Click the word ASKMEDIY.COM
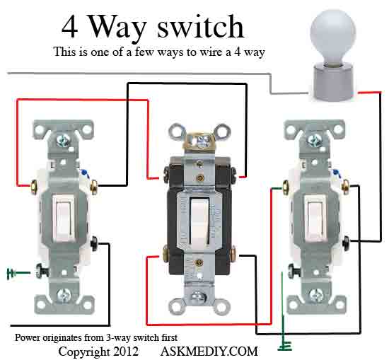(x=209, y=351)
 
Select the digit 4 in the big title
(x=70, y=27)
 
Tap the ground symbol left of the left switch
(x=11, y=273)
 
